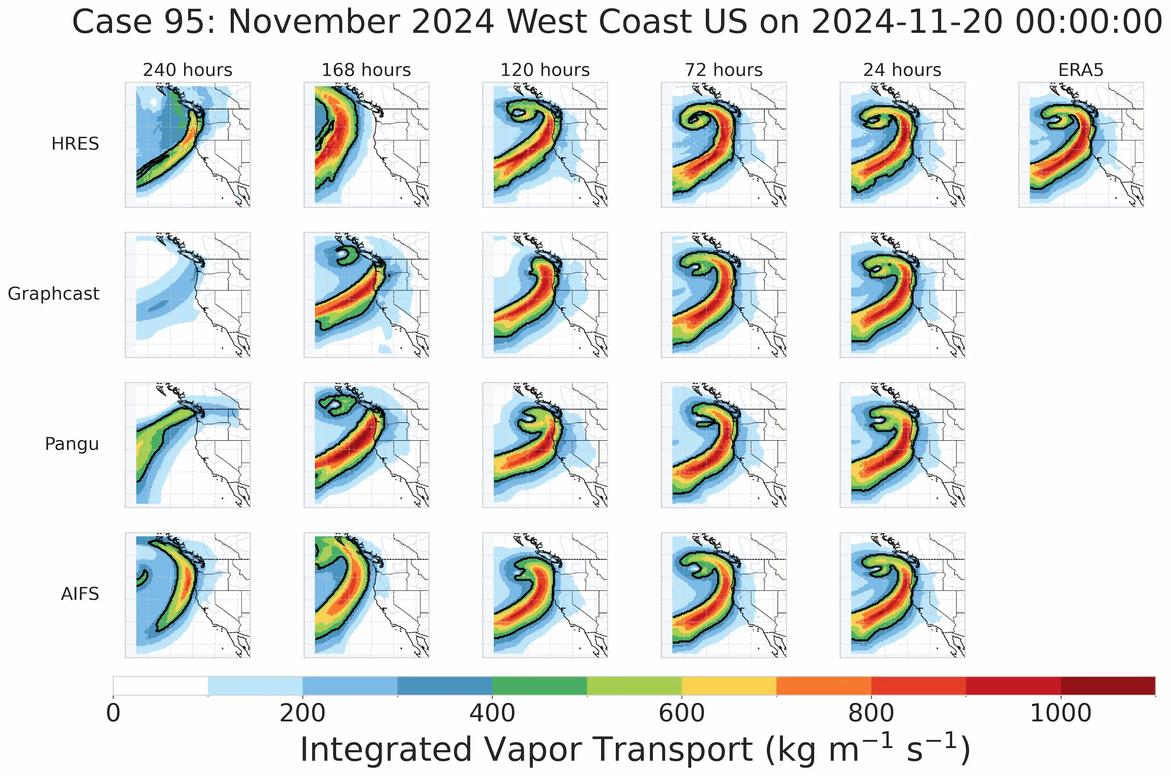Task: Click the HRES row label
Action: tap(75, 144)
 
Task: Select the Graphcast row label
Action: tap(53, 294)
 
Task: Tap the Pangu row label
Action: tap(72, 444)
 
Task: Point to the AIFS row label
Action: tap(80, 594)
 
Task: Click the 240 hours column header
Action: tap(187, 70)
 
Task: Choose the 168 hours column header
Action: tap(366, 70)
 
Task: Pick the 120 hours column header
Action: tap(545, 70)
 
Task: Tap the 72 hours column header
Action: tap(723, 70)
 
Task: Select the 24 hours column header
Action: tap(902, 70)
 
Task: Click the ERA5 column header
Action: tap(1081, 70)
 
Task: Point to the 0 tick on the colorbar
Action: tap(114, 713)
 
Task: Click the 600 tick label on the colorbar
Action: tap(681, 713)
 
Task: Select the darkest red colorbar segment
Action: tap(1108, 685)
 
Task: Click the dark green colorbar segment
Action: tap(539, 685)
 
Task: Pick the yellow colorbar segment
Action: tap(729, 685)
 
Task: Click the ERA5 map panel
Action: tap(1081, 144)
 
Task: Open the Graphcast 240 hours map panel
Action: tap(187, 294)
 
